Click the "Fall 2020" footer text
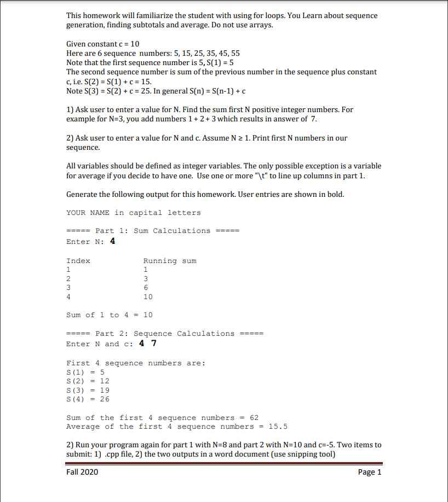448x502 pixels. point(82,472)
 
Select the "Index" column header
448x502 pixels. point(78,261)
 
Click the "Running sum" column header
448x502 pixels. point(169,261)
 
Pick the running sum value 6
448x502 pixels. point(146,287)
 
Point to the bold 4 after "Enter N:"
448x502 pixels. point(112,241)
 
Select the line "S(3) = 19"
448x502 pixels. point(88,390)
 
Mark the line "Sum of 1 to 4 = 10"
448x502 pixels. point(110,315)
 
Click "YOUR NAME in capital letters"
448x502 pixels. point(134,213)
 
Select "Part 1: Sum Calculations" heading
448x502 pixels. point(153,231)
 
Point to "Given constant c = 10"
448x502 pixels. point(103,44)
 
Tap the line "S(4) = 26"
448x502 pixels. point(88,399)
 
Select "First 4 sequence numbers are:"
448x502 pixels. point(135,363)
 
